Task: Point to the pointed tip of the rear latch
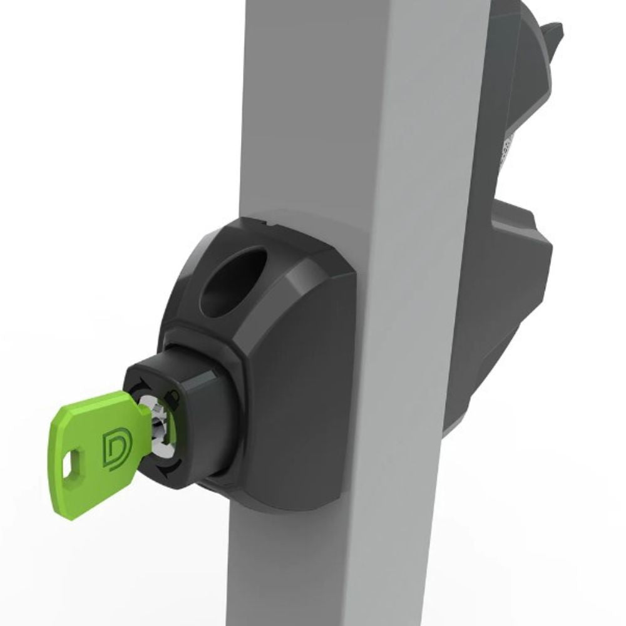[553, 31]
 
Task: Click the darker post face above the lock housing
[300, 113]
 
